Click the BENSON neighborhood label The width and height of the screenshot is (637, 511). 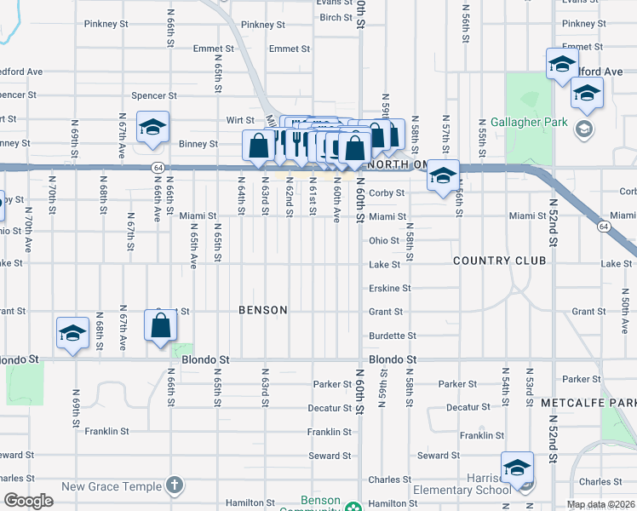coord(263,310)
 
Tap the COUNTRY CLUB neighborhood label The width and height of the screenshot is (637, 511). coord(499,261)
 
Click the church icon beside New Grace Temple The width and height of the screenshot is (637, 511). coord(175,485)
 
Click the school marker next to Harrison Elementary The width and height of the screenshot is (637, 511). coord(517,469)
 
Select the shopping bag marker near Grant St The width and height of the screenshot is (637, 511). coord(161,325)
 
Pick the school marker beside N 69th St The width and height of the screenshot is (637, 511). coord(73,333)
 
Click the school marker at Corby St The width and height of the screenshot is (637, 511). coord(442,176)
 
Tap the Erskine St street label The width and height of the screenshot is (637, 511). coord(390,289)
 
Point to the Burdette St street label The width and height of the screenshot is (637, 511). coord(393,336)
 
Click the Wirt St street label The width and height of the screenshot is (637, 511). coord(234,120)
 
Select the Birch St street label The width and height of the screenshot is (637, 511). coord(336,18)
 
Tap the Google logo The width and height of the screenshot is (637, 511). coord(28,501)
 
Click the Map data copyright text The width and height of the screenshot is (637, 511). coord(601,504)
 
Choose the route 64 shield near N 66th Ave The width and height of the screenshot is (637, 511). coord(158,168)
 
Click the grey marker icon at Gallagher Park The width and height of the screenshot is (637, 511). coord(584,129)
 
